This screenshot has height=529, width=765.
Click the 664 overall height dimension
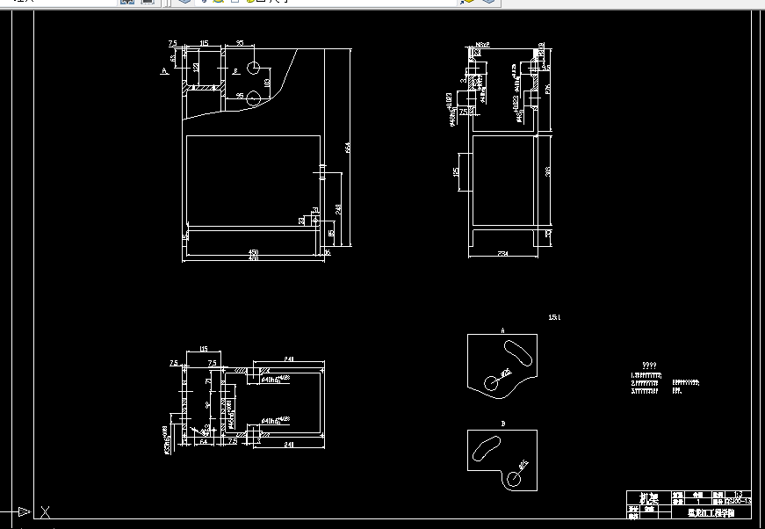[348, 149]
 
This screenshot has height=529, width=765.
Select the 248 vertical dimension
[338, 209]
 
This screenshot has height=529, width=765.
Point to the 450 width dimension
[254, 252]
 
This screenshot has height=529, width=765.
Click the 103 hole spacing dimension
[267, 82]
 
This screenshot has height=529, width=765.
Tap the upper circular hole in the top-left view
[253, 68]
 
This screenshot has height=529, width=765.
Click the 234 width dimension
[503, 253]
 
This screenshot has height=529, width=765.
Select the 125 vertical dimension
[456, 172]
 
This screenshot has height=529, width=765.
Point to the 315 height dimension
[547, 172]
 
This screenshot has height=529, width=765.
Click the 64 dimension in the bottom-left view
[203, 442]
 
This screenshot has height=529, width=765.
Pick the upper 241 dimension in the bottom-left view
[289, 358]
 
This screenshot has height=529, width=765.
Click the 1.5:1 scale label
[553, 317]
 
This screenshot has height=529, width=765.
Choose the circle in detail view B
[512, 475]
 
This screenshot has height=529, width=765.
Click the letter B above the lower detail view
[503, 424]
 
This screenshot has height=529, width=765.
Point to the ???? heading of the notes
[649, 365]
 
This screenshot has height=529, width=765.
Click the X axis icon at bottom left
[46, 511]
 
